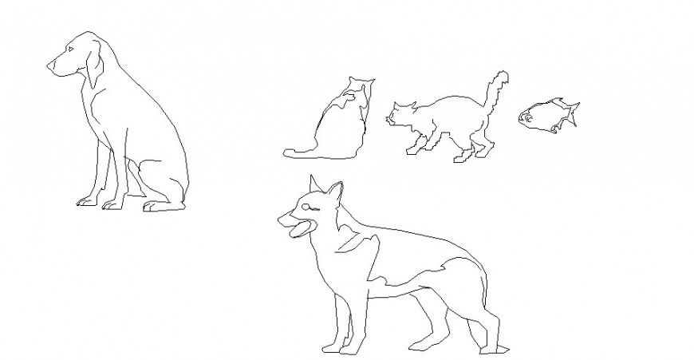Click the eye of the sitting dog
(x=71, y=50)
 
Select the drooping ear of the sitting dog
(x=94, y=67)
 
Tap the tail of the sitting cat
(x=300, y=151)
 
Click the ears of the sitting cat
(x=360, y=81)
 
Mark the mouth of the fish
(x=523, y=118)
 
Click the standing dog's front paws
(x=339, y=348)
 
